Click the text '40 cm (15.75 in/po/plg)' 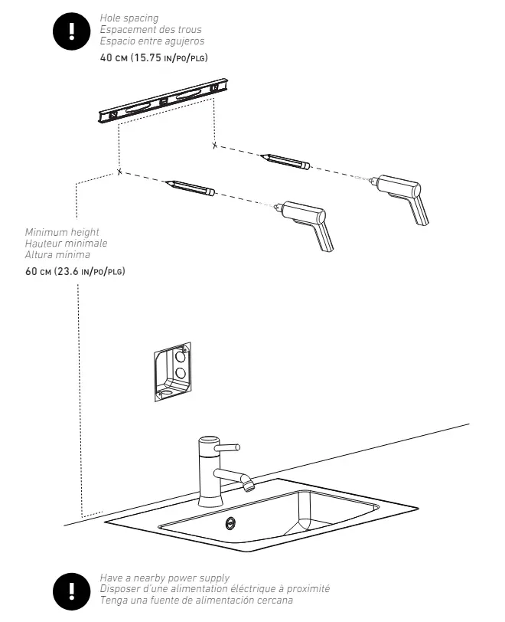[155, 57]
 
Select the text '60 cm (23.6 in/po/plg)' [75, 271]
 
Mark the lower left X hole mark [119, 172]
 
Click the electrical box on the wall [171, 371]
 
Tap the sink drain [230, 523]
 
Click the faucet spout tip [247, 485]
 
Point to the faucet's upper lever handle [228, 447]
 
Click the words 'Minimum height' [62, 232]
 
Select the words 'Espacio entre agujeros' [152, 41]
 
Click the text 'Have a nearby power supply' [165, 578]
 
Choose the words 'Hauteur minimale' [67, 244]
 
